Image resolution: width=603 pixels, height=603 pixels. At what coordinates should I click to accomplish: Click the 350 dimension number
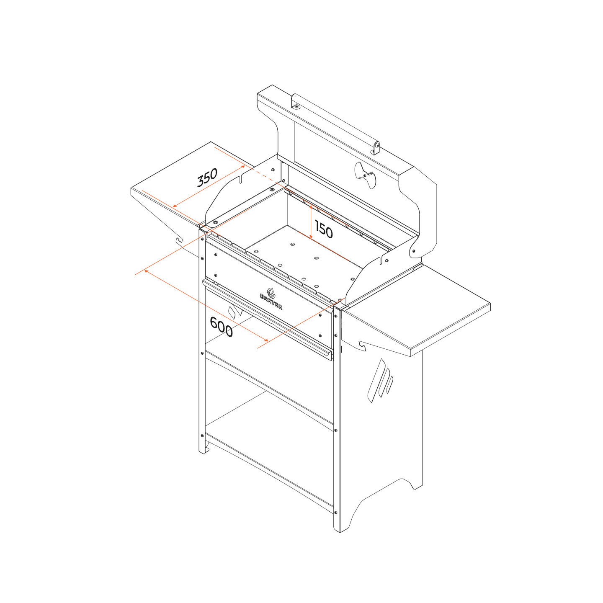(x=207, y=177)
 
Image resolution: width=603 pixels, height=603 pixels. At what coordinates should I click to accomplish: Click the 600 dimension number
(x=221, y=327)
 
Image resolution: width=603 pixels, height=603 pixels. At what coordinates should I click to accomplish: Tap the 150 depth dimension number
(x=324, y=229)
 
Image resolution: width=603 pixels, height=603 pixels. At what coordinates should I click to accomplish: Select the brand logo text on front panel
(x=271, y=301)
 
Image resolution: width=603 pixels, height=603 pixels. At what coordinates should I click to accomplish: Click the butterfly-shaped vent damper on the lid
(x=365, y=175)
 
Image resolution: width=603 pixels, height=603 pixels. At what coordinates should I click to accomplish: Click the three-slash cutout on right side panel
(x=380, y=381)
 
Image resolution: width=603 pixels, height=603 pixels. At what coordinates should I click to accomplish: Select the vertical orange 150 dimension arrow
(x=311, y=222)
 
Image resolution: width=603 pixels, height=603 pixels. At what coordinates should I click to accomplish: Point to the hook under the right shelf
(x=362, y=346)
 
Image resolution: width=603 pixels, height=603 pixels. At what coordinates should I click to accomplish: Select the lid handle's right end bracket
(x=376, y=148)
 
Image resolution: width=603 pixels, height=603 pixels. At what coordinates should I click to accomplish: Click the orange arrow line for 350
(x=209, y=186)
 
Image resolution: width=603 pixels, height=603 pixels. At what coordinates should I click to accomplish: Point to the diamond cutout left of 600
(x=235, y=312)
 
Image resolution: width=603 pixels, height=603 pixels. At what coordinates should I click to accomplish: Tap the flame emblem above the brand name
(x=271, y=293)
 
